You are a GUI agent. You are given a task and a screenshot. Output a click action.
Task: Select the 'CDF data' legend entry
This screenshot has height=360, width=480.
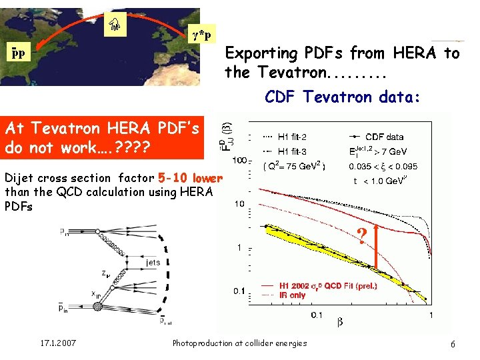tap(385, 137)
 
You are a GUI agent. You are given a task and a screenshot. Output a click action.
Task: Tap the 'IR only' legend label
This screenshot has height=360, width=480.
tap(288, 295)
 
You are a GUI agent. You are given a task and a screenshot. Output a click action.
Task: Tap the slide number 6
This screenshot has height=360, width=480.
tap(453, 344)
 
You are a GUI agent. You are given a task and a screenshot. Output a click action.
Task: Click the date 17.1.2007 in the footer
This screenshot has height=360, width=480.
tap(58, 343)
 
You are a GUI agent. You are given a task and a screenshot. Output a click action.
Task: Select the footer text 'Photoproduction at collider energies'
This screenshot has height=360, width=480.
tap(239, 343)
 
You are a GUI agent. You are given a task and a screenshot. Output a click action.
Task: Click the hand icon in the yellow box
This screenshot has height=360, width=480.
tap(114, 25)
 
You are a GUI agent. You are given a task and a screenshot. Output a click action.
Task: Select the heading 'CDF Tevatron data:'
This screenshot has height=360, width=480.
tap(342, 97)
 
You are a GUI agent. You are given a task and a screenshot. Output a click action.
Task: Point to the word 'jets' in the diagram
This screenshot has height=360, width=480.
tap(153, 263)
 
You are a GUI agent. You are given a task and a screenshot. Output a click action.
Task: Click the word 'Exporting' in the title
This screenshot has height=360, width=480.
tap(261, 53)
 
